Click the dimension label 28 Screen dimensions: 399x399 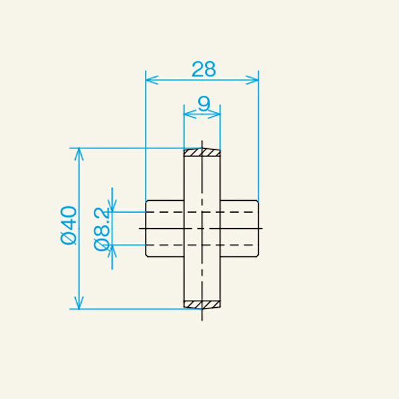coord(204,69)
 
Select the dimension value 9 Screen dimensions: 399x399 coord(204,104)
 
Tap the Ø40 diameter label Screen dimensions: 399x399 coord(68,225)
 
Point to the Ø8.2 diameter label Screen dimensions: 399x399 coord(102,229)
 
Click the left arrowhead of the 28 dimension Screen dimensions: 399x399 coord(152,80)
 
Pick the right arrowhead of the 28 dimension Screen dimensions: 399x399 coord(252,80)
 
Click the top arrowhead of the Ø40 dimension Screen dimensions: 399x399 coord(79,154)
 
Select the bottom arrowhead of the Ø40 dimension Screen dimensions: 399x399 coord(79,303)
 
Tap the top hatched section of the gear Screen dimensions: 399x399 coord(202,152)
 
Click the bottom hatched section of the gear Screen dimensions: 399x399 coord(202,305)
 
